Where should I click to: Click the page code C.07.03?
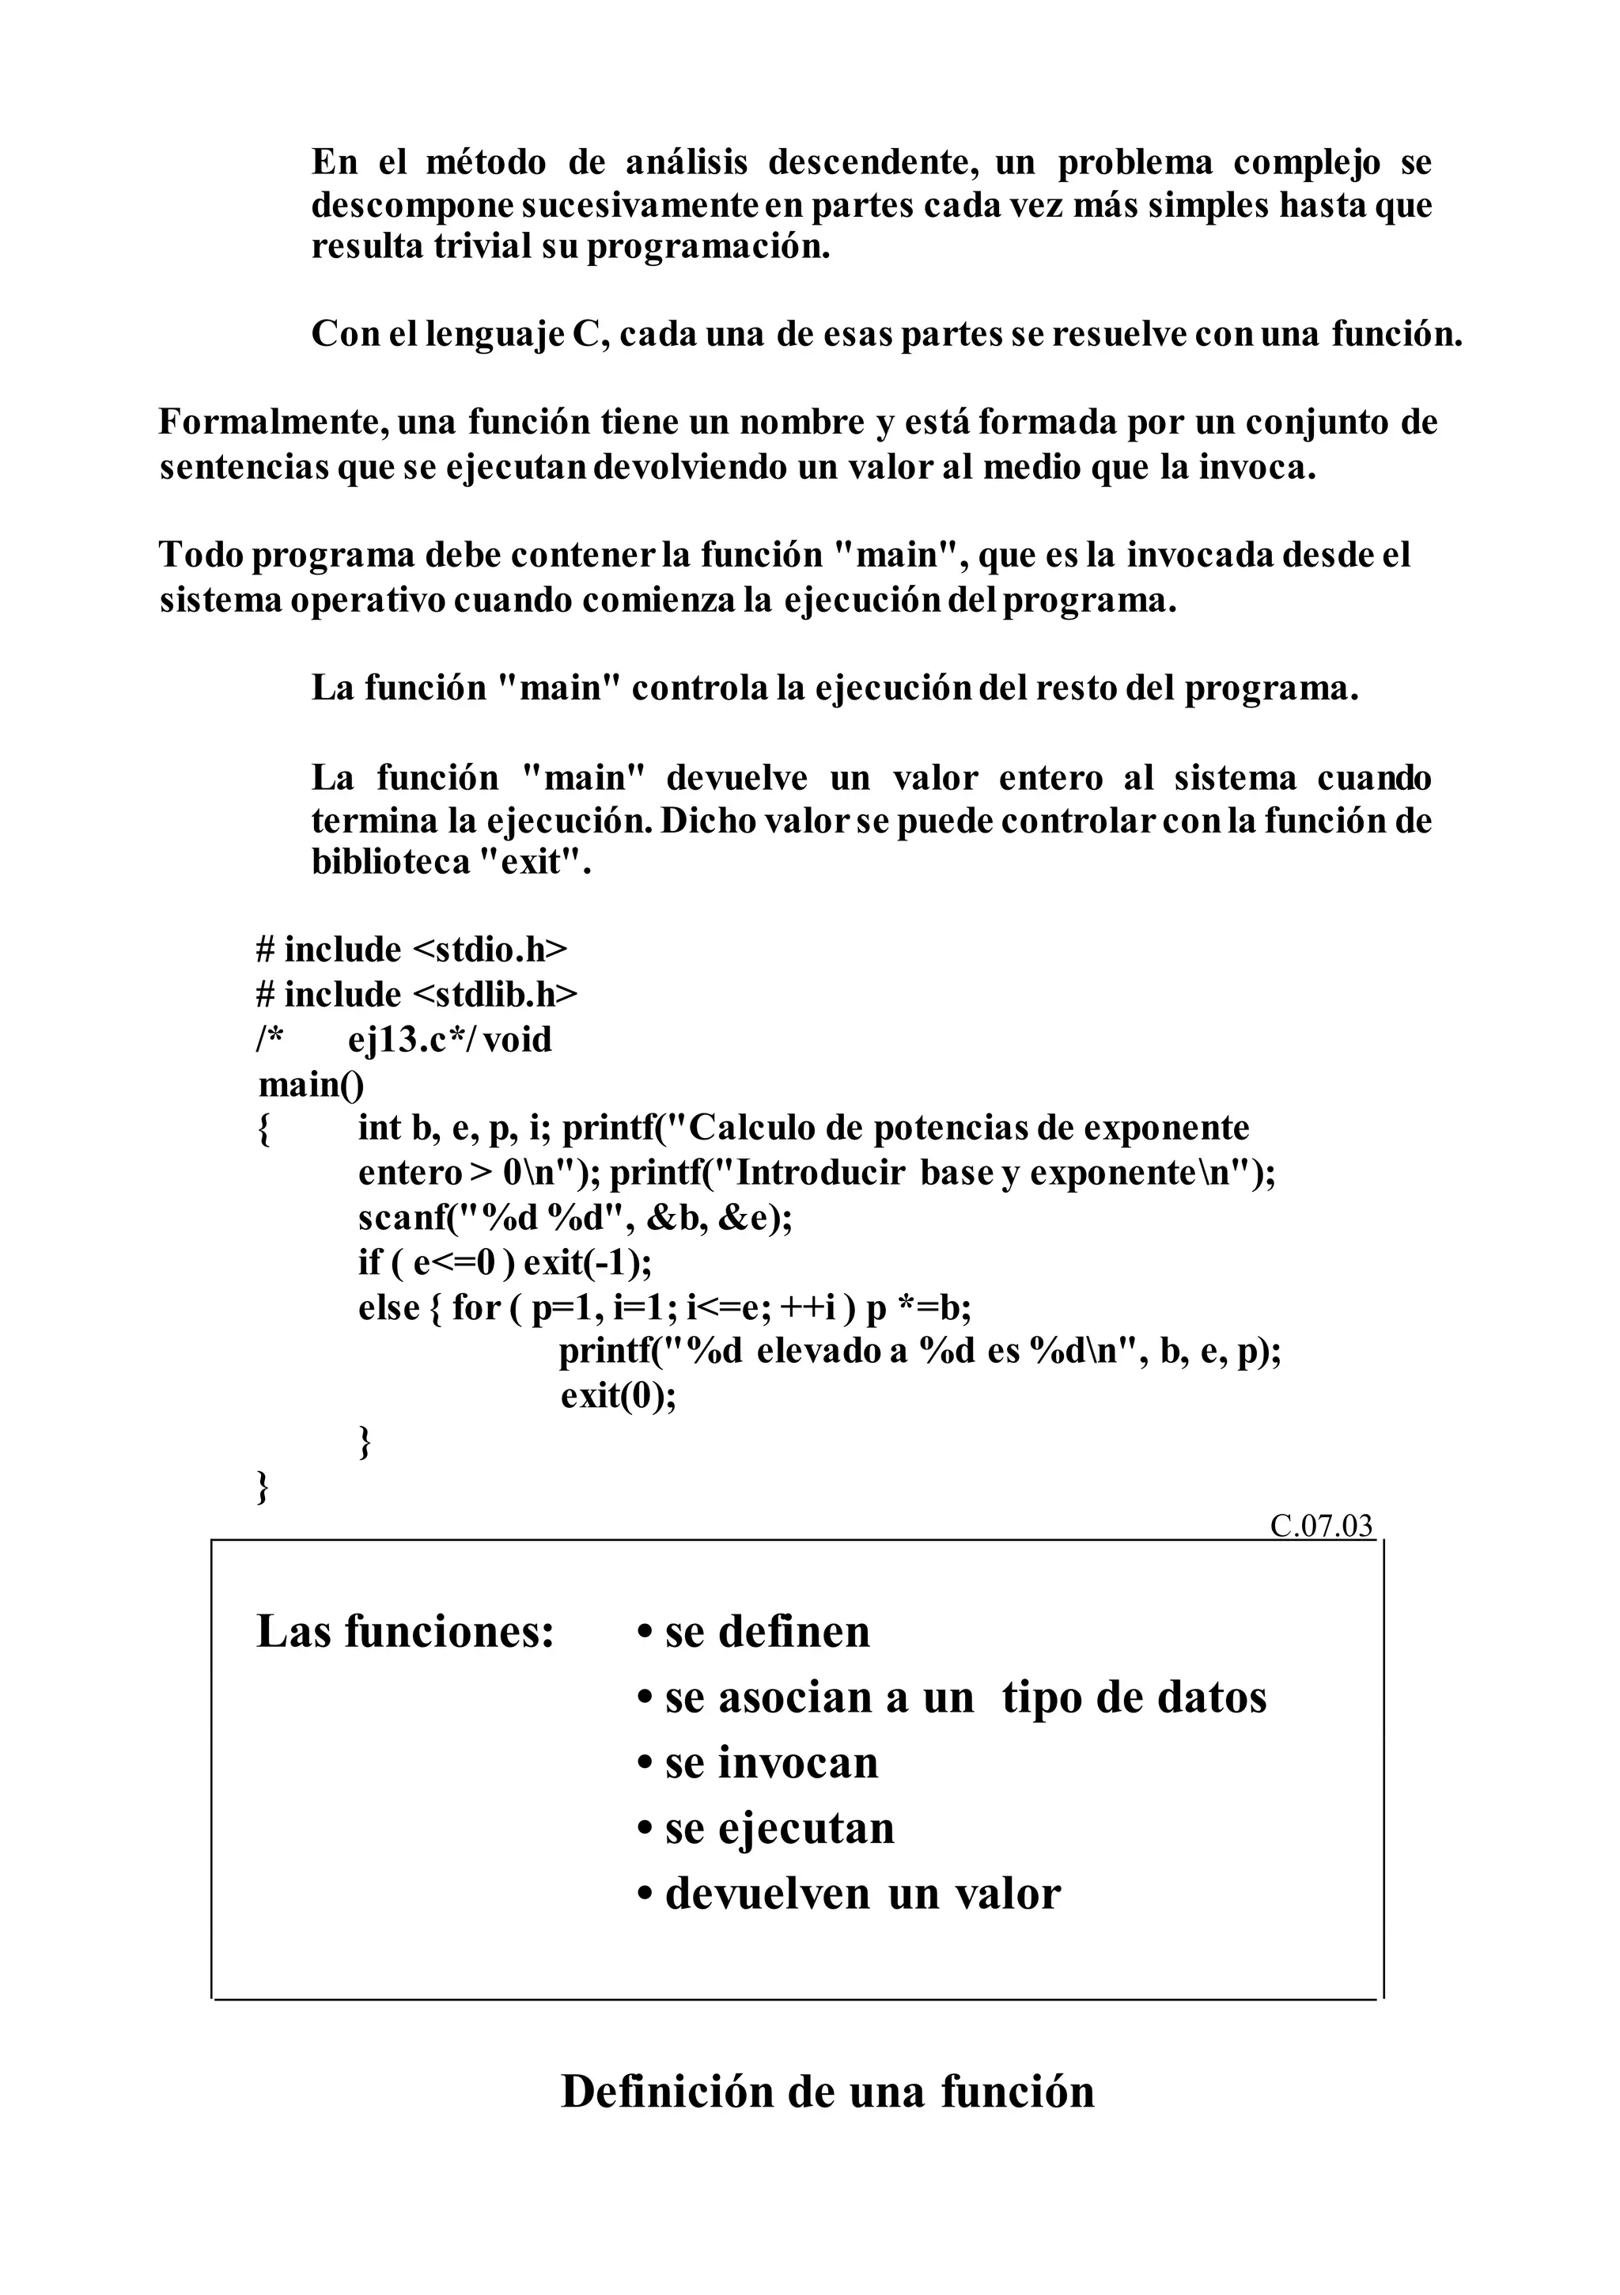click(x=1321, y=1527)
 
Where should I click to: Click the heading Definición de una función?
click(x=827, y=2091)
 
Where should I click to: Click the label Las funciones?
click(x=405, y=1631)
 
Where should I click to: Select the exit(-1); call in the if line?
click(x=588, y=1262)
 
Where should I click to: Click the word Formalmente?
click(x=272, y=423)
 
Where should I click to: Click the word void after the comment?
click(x=517, y=1040)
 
